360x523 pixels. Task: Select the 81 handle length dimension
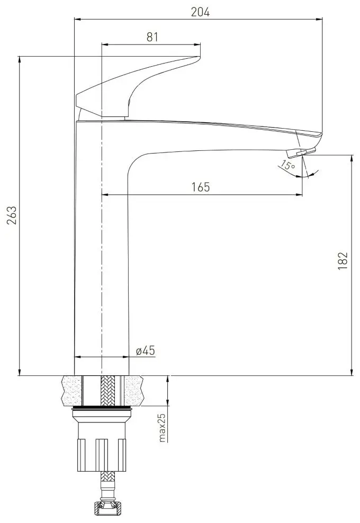click(152, 37)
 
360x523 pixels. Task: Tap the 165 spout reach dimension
click(202, 187)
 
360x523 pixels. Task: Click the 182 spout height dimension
click(343, 261)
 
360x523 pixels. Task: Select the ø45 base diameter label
click(145, 350)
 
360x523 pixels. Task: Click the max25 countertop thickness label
click(162, 427)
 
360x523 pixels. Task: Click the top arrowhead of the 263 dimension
click(20, 59)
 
